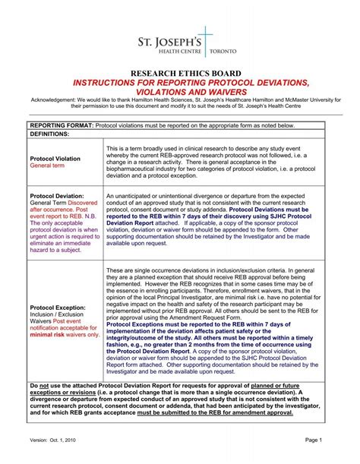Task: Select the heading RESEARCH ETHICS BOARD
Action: (179, 73)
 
